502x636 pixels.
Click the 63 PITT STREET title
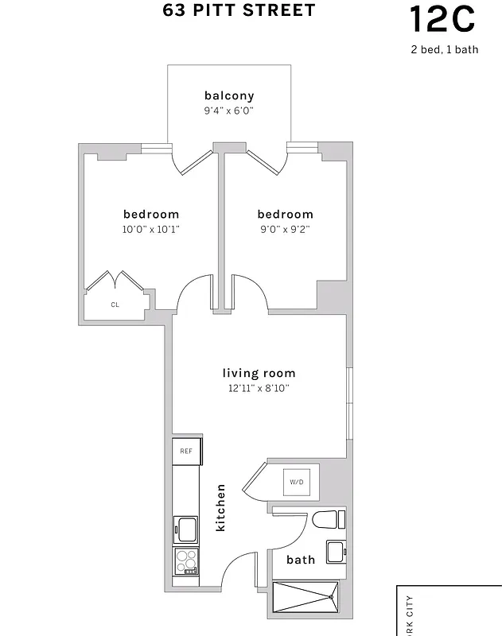[x=239, y=11]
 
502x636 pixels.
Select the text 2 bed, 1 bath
[x=444, y=49]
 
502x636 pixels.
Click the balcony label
[x=229, y=96]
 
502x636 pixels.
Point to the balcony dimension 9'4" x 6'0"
[x=229, y=111]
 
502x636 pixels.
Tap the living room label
[x=259, y=373]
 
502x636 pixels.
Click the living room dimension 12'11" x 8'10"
[x=259, y=388]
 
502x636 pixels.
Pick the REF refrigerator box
[x=185, y=451]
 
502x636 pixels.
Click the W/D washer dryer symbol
[x=296, y=482]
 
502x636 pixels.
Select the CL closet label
[x=115, y=304]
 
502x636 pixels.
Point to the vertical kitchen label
[x=220, y=508]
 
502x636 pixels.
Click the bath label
[x=301, y=560]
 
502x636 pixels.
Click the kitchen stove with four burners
[x=185, y=560]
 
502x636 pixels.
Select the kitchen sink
[x=185, y=529]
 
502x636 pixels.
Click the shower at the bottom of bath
[x=305, y=596]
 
